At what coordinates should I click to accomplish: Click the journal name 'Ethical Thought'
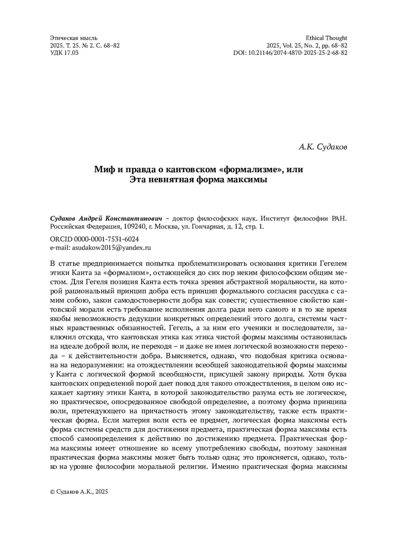pos(326,38)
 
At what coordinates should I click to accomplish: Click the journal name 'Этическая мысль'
pos(73,38)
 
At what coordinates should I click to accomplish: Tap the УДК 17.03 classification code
pos(64,53)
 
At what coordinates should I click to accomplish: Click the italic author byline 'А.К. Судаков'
pos(323,147)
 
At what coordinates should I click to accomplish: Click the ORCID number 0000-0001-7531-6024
pos(106,239)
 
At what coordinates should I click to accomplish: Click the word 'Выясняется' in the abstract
pos(183,356)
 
